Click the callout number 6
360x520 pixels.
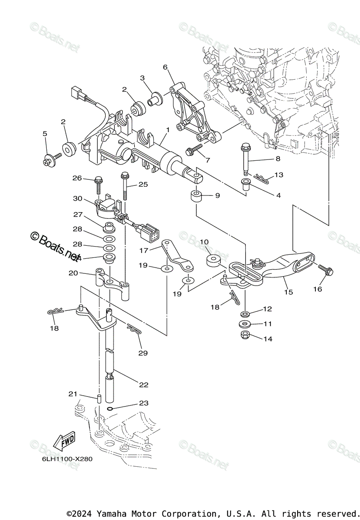pos(165,67)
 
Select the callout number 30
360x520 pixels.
pos(78,198)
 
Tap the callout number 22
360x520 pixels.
pos(144,384)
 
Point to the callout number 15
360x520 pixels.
pos(289,292)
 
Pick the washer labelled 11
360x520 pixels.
pos(246,324)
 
